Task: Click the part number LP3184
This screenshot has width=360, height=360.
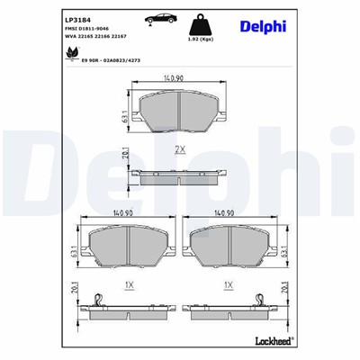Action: click(76, 19)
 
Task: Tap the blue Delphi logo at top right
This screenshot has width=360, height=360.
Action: click(262, 26)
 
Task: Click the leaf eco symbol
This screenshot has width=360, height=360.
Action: click(73, 54)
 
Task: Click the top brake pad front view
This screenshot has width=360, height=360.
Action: click(179, 112)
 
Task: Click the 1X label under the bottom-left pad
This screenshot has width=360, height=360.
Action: click(128, 284)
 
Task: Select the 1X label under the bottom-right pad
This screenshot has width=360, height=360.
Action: click(229, 284)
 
